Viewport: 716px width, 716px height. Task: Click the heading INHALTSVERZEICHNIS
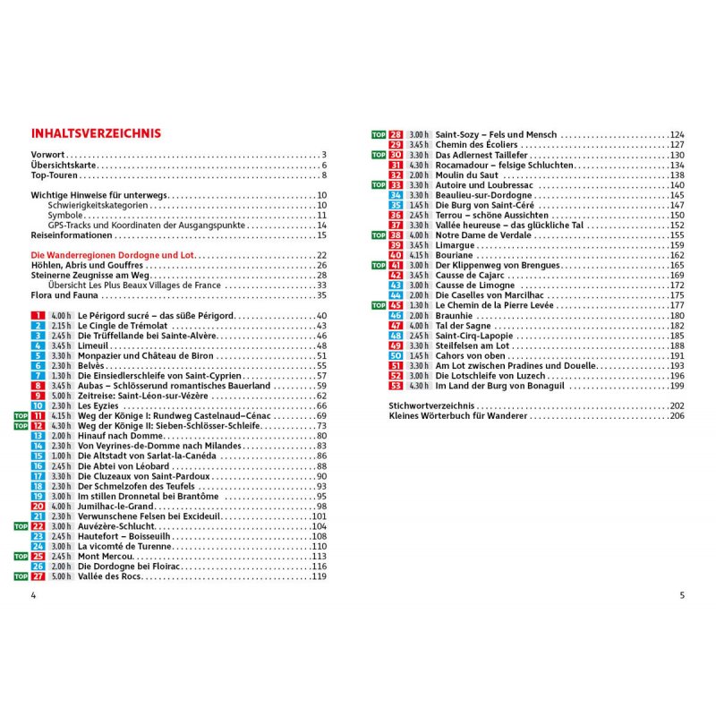(96, 133)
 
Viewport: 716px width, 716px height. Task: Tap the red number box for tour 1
(38, 316)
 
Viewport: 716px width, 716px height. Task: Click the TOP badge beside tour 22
(21, 525)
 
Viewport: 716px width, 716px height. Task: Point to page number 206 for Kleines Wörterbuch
(676, 417)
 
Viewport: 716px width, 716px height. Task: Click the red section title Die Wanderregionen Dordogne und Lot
(112, 255)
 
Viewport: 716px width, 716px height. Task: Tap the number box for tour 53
(396, 386)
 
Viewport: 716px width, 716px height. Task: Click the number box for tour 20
(38, 507)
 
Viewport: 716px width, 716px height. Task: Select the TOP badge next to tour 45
(379, 305)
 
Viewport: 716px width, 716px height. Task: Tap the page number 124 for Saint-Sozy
(677, 134)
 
